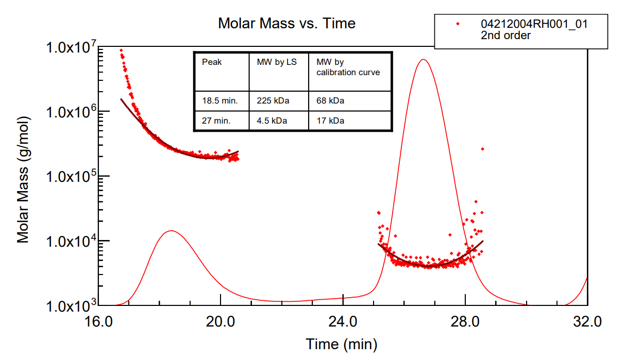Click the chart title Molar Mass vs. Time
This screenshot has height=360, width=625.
[286, 23]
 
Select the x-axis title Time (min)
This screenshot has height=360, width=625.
[341, 344]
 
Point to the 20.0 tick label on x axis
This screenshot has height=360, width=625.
[221, 322]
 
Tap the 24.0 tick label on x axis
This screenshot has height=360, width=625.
[343, 322]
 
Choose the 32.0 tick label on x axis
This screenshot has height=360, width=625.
[587, 322]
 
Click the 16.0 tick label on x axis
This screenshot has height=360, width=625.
[98, 322]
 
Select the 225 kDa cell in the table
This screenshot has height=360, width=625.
[273, 101]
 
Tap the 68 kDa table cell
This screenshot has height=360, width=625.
[330, 101]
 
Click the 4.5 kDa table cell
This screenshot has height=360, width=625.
[272, 122]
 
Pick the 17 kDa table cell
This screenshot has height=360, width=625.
[330, 122]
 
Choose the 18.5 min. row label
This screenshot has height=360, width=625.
[220, 101]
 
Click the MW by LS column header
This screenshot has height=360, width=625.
[277, 62]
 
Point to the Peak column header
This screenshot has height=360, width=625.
[212, 62]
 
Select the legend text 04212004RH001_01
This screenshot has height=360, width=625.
[534, 24]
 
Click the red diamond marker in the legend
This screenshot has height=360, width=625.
[457, 24]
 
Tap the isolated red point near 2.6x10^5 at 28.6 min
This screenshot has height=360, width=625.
[482, 149]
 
